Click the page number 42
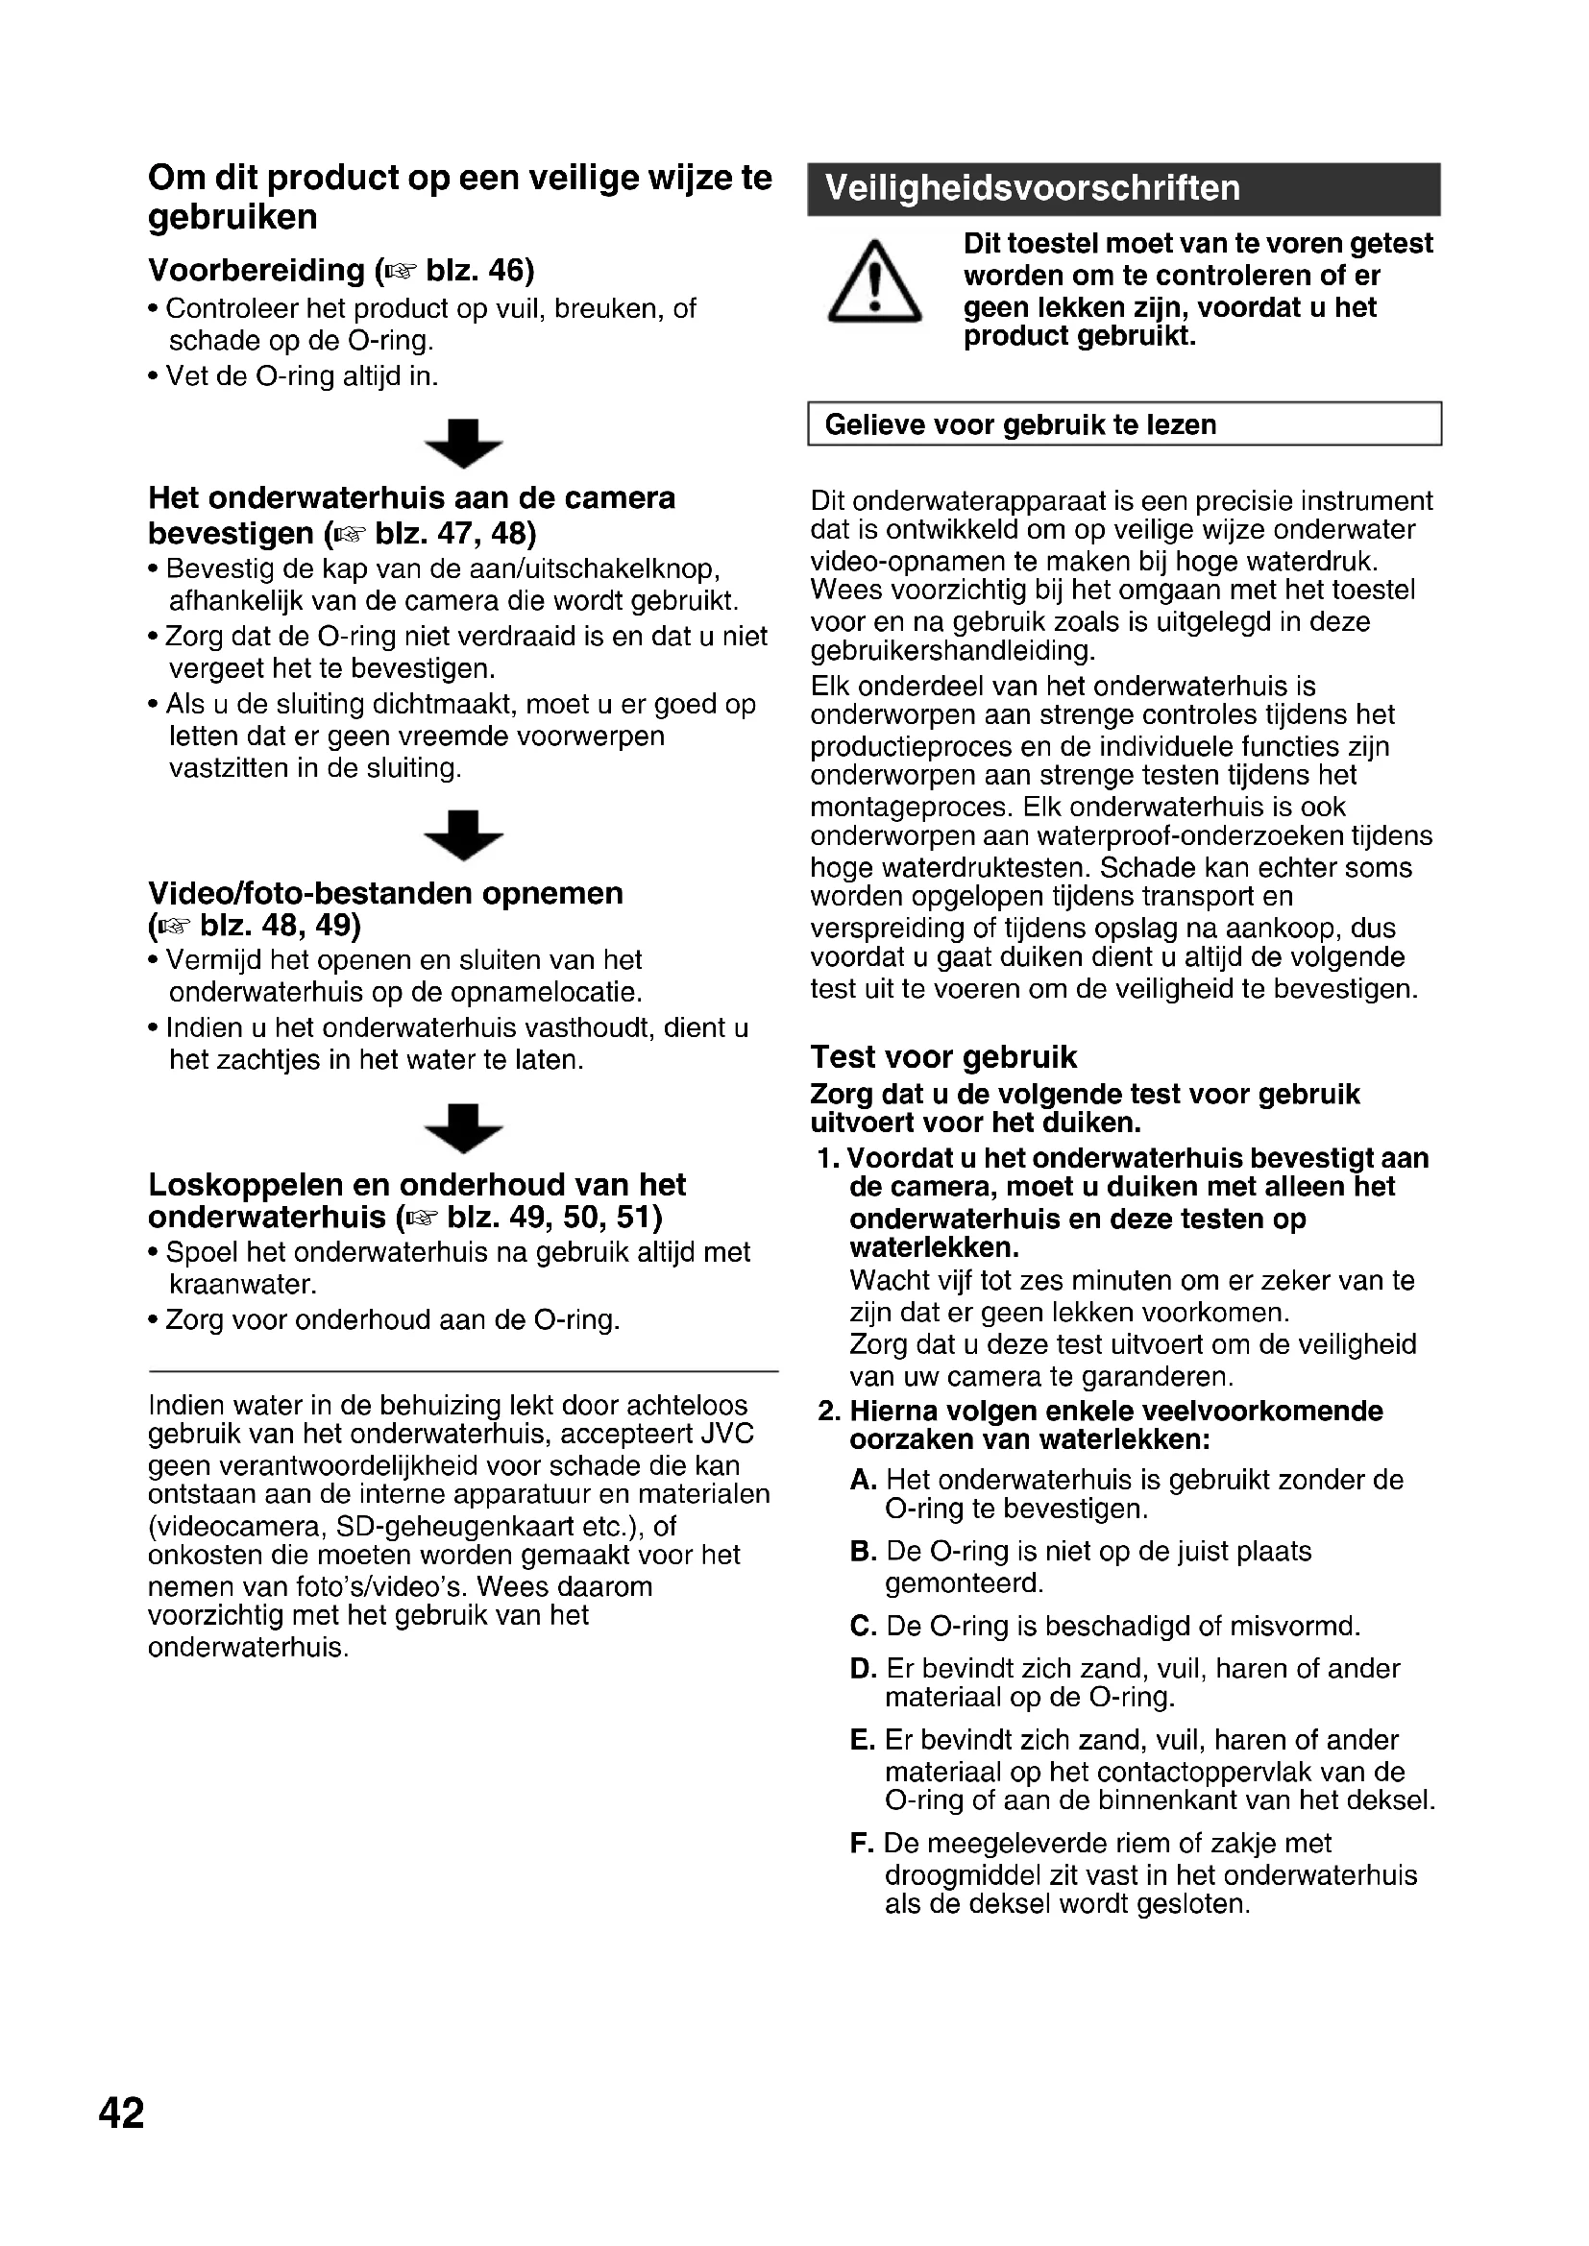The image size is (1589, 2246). click(121, 2113)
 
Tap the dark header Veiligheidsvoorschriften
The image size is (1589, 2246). click(1123, 189)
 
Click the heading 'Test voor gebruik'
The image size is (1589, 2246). click(943, 1057)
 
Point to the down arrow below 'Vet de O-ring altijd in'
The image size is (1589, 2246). click(464, 443)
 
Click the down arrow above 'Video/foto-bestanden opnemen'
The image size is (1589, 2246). click(464, 834)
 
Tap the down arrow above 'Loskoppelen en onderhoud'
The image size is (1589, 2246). click(464, 1128)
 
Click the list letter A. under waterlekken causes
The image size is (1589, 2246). click(862, 1480)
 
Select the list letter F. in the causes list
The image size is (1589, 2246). click(861, 1844)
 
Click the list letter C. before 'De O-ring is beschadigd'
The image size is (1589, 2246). click(862, 1627)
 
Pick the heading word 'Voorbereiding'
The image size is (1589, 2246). click(257, 270)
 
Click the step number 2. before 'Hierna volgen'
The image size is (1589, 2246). click(830, 1412)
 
